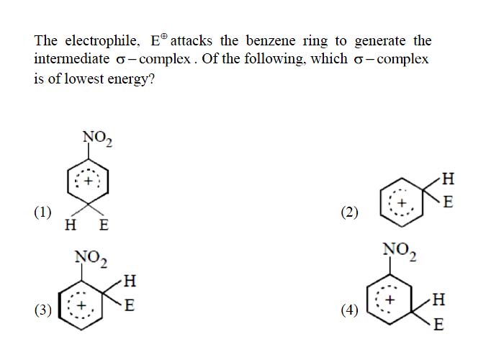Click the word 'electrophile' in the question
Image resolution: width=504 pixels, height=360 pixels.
[x=102, y=41]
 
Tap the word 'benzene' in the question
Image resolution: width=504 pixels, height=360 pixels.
[x=271, y=40]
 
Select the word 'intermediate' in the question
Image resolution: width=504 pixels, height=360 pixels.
[x=72, y=59]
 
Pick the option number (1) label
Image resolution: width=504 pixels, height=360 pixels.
[x=42, y=212]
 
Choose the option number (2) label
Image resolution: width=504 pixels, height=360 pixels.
[x=350, y=212]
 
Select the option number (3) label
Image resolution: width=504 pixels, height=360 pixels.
[x=42, y=310]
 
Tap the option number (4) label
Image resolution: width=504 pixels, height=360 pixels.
[x=350, y=310]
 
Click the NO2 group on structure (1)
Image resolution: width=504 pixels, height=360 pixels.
[x=97, y=138]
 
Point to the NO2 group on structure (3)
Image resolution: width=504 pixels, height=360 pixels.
[x=91, y=258]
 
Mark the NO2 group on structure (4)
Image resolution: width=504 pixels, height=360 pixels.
[x=400, y=251]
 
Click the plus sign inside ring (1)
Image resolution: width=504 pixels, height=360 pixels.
[x=88, y=181]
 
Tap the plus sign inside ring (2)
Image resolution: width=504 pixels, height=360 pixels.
[x=401, y=203]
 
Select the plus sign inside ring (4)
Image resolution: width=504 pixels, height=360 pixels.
[x=390, y=300]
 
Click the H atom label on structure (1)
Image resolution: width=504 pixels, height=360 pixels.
[x=71, y=225]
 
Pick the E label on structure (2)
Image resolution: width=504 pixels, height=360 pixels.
[x=448, y=202]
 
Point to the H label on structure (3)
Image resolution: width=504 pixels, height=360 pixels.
[x=130, y=281]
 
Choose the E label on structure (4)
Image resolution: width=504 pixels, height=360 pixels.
[x=438, y=324]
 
